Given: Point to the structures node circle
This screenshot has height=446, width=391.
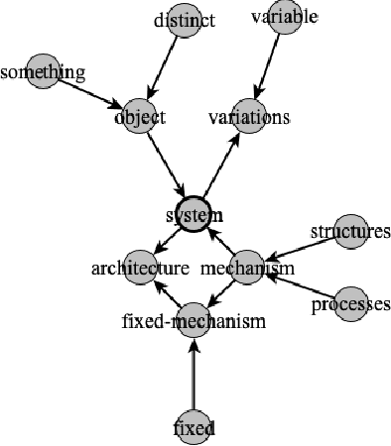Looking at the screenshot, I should [350, 230].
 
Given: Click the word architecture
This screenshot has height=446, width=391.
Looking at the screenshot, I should [140, 269].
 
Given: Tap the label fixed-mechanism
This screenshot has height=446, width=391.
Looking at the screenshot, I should [179, 321].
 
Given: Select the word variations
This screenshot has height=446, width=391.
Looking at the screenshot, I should [248, 118].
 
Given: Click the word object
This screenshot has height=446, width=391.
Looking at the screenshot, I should [139, 117].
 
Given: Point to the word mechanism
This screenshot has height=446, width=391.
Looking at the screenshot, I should [247, 269].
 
